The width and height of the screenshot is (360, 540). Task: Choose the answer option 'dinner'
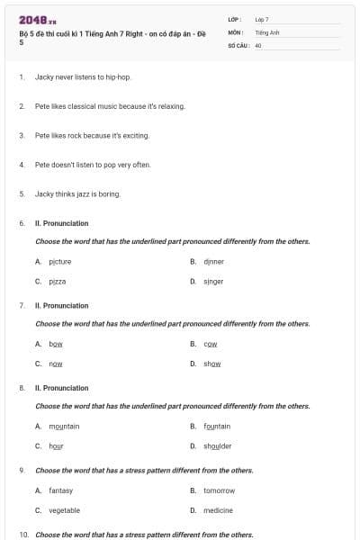coord(213,261)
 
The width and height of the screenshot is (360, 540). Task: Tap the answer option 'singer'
coord(213,282)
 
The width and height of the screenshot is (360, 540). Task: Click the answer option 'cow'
coord(211,344)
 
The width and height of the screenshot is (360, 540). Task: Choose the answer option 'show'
coord(212,364)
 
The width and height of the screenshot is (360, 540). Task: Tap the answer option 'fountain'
coord(217,426)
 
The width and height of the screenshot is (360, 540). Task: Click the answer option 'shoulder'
coord(217,445)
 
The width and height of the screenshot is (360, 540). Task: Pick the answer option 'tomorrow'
coord(219,490)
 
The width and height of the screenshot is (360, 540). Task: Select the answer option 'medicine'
coord(218,510)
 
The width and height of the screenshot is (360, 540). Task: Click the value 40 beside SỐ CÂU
coord(258,44)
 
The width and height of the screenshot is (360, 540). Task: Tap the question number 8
coord(22,388)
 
